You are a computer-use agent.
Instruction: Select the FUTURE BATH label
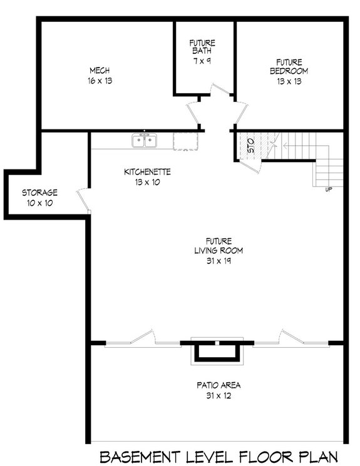tap(202, 48)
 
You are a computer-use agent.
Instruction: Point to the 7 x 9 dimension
tap(202, 61)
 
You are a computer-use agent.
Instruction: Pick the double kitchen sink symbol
tap(145, 141)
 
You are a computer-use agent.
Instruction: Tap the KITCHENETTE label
tap(147, 171)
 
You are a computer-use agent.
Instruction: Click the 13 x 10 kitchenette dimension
tap(147, 182)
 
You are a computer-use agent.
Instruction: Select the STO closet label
tap(250, 148)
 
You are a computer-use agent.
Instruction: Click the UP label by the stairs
tap(329, 188)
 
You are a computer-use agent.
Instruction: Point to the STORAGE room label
tap(40, 193)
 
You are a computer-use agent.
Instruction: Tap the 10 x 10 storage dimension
tap(40, 203)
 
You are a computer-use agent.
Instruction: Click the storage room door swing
tap(82, 198)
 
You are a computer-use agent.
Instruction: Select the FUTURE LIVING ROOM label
tap(219, 246)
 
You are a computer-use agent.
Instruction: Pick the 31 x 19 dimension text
tap(219, 261)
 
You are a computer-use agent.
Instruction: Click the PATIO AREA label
tap(218, 385)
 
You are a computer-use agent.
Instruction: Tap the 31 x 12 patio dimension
tap(218, 396)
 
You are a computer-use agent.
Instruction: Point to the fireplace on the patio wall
tap(217, 351)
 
